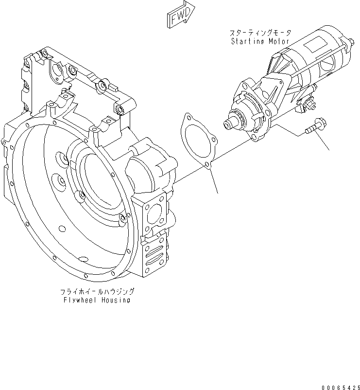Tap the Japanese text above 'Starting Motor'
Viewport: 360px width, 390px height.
(x=260, y=33)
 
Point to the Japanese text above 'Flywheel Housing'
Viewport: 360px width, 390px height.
(x=97, y=292)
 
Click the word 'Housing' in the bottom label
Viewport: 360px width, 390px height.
(x=116, y=300)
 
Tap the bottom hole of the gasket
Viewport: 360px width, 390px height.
(x=207, y=165)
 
